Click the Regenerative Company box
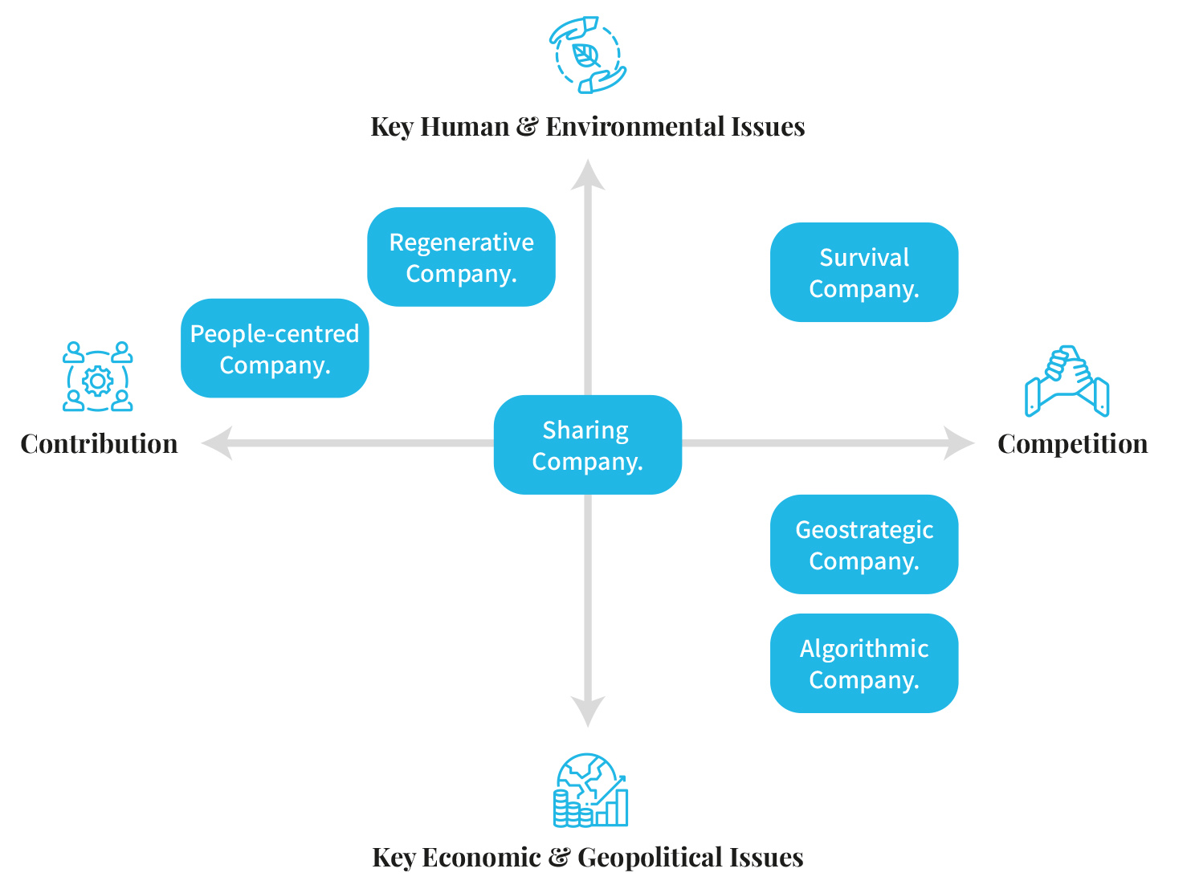pyautogui.click(x=461, y=257)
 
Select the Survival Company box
pyautogui.click(x=863, y=272)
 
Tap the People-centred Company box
pyautogui.click(x=275, y=349)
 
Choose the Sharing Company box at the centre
pyautogui.click(x=587, y=445)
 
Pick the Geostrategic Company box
pyautogui.click(x=863, y=544)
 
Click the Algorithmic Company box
pyautogui.click(x=863, y=663)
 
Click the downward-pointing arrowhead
pyautogui.click(x=588, y=712)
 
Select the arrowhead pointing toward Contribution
pyautogui.click(x=217, y=443)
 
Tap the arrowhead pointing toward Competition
pyautogui.click(x=959, y=443)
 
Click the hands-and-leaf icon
pyautogui.click(x=587, y=55)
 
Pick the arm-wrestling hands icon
pyautogui.click(x=1067, y=381)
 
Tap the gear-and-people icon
pyautogui.click(x=98, y=377)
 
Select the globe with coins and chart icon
pyautogui.click(x=590, y=790)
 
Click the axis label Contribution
pyautogui.click(x=99, y=444)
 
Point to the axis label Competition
pyautogui.click(x=1072, y=444)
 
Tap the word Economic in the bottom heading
pyautogui.click(x=481, y=858)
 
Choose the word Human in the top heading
pyautogui.click(x=464, y=127)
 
